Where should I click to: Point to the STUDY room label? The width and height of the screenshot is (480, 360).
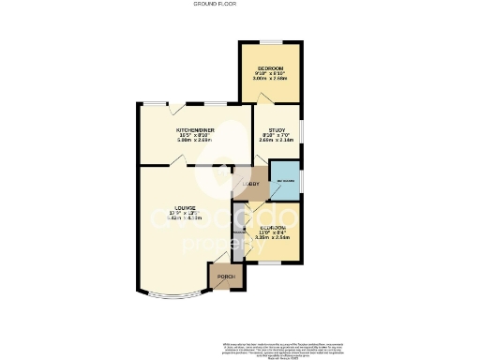(x=276, y=130)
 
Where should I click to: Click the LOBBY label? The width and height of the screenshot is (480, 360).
(x=250, y=184)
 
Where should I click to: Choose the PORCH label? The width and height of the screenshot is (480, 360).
(x=226, y=277)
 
